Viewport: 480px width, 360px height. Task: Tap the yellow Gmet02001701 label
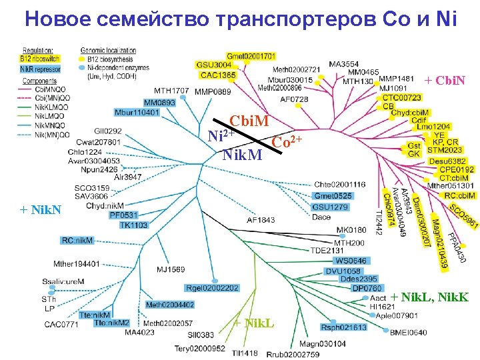click(251, 56)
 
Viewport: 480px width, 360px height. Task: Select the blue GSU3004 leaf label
click(214, 65)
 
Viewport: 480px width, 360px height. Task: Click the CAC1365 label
click(218, 75)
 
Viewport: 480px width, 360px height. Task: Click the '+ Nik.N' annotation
click(41, 211)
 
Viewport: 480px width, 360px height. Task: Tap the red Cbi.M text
click(249, 122)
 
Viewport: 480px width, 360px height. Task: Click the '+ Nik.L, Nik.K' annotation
click(429, 296)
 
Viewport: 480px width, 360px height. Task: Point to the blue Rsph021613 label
click(343, 327)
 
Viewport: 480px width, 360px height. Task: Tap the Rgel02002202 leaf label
click(212, 288)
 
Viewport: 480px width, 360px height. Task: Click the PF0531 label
click(123, 215)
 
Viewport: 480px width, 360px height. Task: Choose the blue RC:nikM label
click(77, 240)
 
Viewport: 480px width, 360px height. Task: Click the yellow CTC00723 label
click(401, 97)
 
